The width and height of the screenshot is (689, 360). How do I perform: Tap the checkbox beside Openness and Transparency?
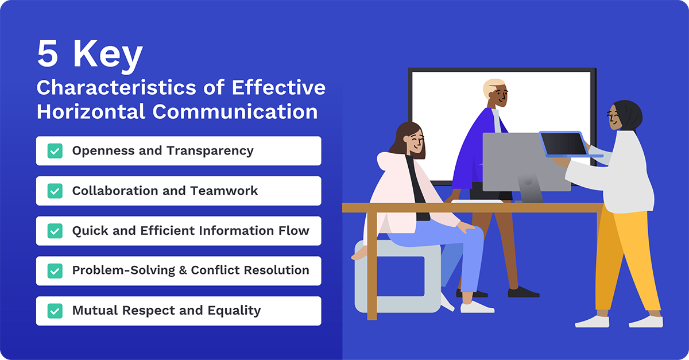[x=55, y=151]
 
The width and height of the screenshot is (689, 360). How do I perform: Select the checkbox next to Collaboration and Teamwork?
[x=55, y=191]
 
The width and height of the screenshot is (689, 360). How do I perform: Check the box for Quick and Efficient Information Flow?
[x=55, y=231]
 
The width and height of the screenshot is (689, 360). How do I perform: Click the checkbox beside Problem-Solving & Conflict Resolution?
[x=55, y=270]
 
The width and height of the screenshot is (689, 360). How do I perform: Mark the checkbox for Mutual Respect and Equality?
[x=55, y=311]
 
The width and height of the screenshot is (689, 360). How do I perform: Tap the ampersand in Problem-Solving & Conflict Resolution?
[x=183, y=270]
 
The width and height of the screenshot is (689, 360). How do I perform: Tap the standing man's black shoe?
[x=522, y=292]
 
